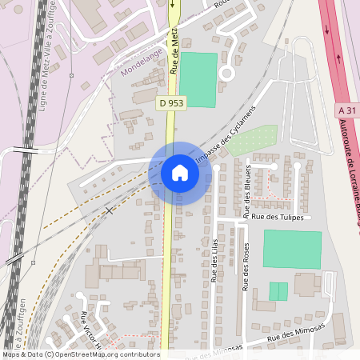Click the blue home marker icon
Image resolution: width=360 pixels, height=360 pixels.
pyautogui.click(x=180, y=172)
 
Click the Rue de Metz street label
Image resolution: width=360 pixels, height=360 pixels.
pyautogui.click(x=174, y=50)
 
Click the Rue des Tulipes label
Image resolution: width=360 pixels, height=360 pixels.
pyautogui.click(x=278, y=216)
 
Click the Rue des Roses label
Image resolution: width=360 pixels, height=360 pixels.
pyautogui.click(x=246, y=263)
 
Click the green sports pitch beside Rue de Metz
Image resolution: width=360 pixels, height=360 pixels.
pyautogui.click(x=198, y=80)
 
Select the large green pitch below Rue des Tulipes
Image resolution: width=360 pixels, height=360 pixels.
pyautogui.click(x=292, y=250)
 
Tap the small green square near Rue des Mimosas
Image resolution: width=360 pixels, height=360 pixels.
pyautogui.click(x=278, y=291)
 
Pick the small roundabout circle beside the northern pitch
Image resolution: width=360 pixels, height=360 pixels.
pyautogui.click(x=226, y=73)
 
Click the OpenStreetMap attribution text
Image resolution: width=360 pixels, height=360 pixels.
pyautogui.click(x=80, y=354)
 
